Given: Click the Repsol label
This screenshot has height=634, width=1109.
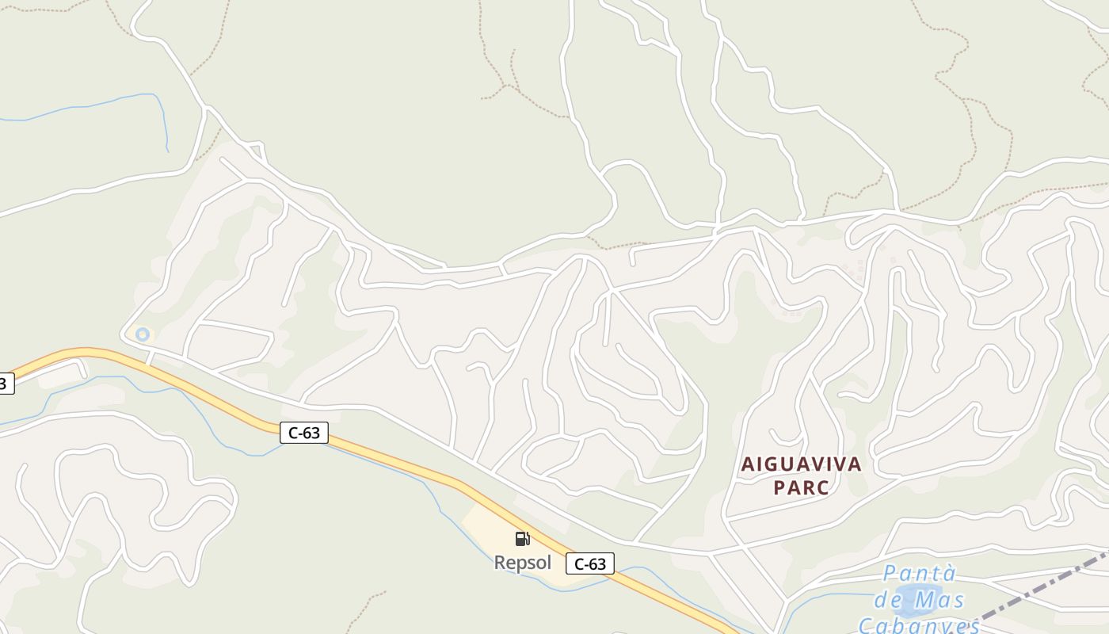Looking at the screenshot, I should tap(522, 563).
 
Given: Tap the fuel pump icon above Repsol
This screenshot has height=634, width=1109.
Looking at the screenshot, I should tap(522, 539).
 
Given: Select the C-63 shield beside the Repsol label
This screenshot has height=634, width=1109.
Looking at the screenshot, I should tap(589, 564).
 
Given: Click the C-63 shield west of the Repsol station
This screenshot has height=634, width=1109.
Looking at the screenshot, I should tap(303, 433).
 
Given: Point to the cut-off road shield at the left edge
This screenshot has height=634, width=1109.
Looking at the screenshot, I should tap(5, 384).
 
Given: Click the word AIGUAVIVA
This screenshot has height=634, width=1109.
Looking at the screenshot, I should tap(800, 464).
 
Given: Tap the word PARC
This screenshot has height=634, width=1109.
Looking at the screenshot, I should tap(801, 487).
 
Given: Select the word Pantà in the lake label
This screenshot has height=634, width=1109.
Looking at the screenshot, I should tap(920, 574).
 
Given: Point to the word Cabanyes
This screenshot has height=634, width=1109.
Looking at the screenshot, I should tap(919, 625).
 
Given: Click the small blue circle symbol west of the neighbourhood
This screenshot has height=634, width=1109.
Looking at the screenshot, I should tap(143, 334).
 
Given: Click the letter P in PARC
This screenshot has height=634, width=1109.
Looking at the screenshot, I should tap(779, 487).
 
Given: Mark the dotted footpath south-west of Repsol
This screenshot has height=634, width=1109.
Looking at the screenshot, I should tap(368, 606).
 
